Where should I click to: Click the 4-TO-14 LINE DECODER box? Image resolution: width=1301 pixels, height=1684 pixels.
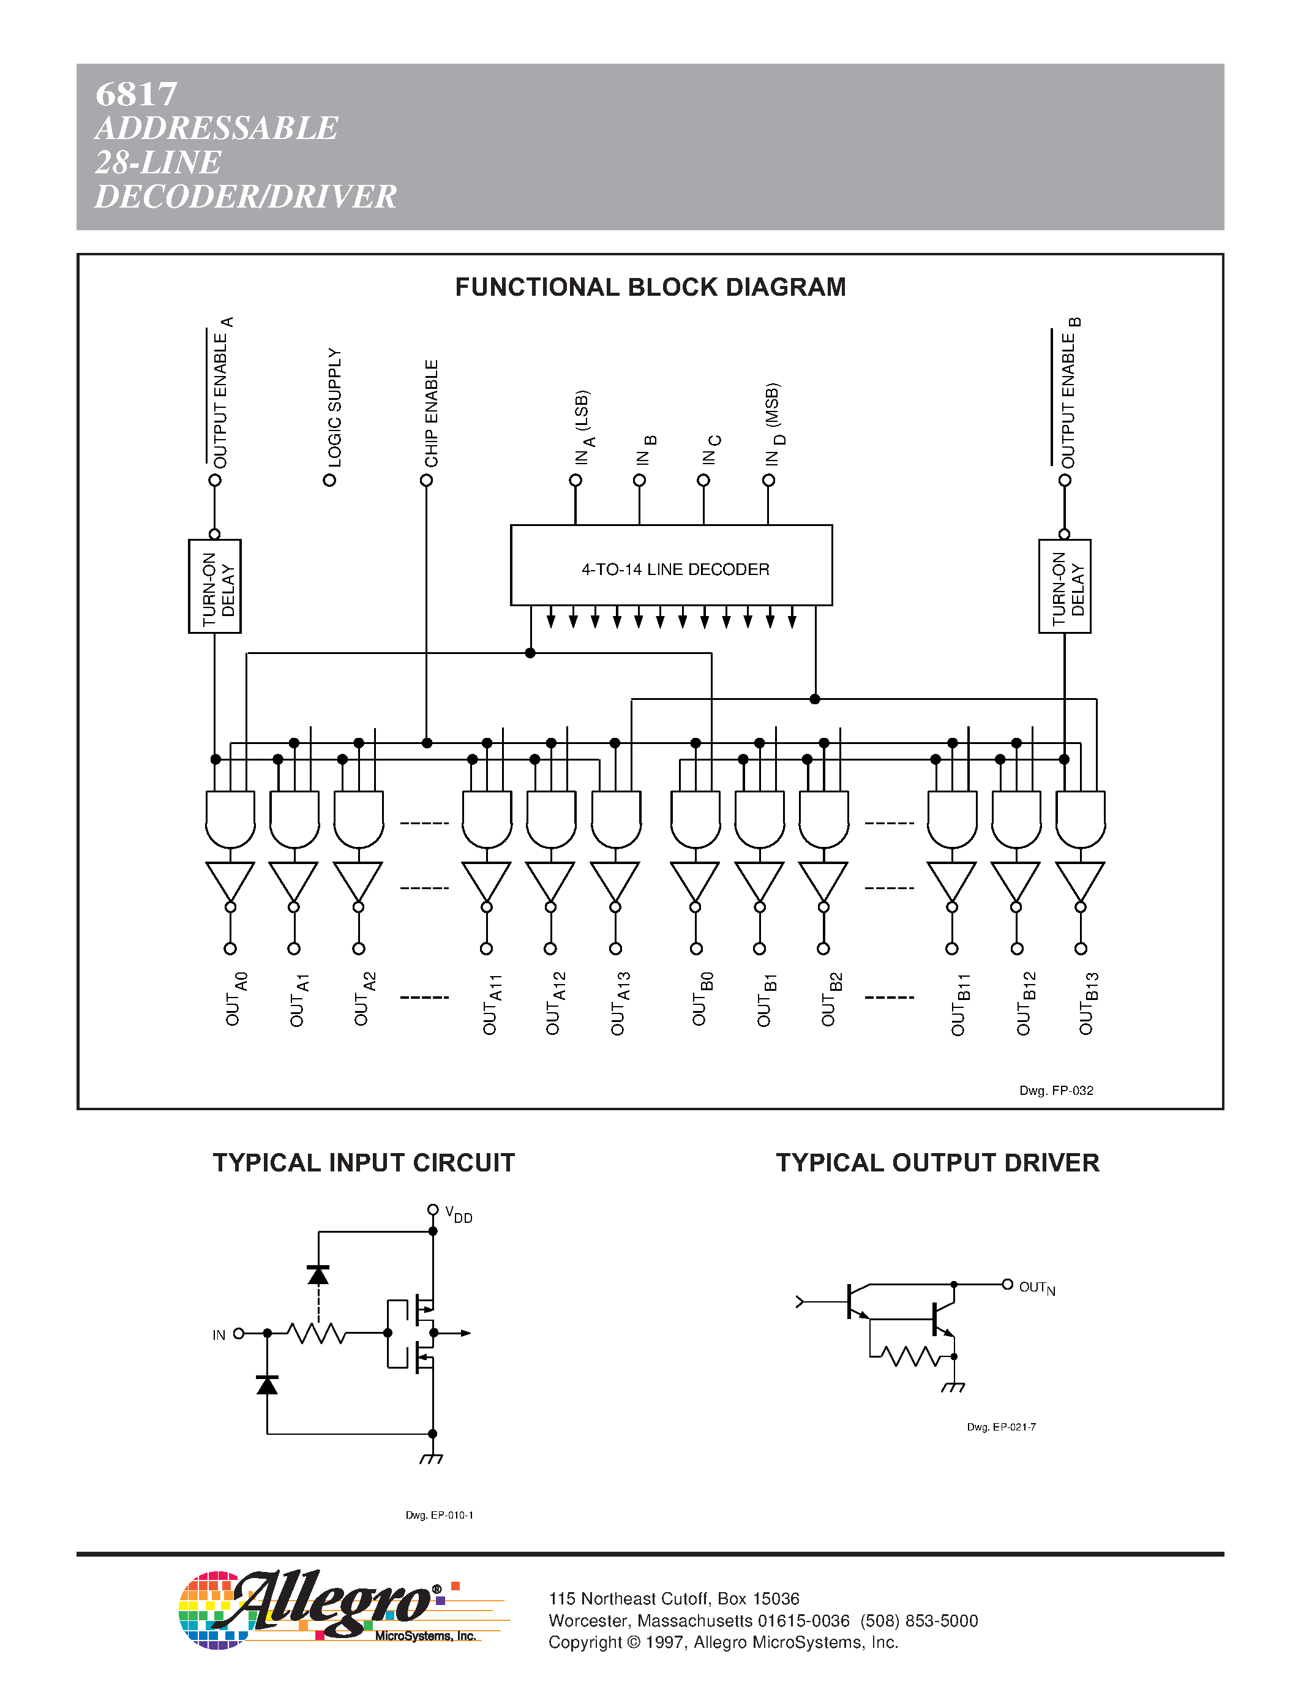pyautogui.click(x=671, y=565)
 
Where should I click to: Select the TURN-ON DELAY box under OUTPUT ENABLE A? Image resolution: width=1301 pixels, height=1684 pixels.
pyautogui.click(x=215, y=586)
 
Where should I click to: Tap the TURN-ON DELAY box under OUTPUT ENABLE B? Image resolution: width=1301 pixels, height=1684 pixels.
pyautogui.click(x=1065, y=586)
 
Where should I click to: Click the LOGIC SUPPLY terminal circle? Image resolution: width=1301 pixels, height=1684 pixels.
pyautogui.click(x=330, y=480)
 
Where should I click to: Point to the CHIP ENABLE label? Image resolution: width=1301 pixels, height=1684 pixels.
pyautogui.click(x=432, y=413)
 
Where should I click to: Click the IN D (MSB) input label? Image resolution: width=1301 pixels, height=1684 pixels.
pyautogui.click(x=774, y=424)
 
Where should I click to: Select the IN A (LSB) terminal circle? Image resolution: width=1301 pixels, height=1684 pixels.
pyautogui.click(x=576, y=480)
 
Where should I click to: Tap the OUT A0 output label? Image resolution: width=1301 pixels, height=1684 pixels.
pyautogui.click(x=234, y=999)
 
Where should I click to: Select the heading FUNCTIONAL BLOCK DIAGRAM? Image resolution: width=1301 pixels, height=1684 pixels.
pyautogui.click(x=650, y=287)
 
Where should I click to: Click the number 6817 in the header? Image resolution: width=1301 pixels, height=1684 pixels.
pyautogui.click(x=137, y=94)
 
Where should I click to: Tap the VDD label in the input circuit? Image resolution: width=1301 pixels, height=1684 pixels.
pyautogui.click(x=459, y=1214)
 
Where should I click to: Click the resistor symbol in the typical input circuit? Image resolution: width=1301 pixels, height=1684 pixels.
pyautogui.click(x=316, y=1333)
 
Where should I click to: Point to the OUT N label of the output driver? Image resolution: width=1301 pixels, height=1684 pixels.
pyautogui.click(x=1037, y=1288)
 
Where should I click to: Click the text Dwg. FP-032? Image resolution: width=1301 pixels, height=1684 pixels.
pyautogui.click(x=1056, y=1090)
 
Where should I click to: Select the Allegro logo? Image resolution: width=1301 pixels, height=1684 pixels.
pyautogui.click(x=324, y=1610)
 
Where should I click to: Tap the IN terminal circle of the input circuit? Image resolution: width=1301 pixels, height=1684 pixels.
pyautogui.click(x=239, y=1333)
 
